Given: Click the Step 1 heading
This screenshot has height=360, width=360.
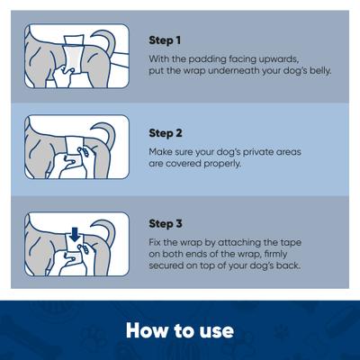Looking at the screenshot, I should point(165,41).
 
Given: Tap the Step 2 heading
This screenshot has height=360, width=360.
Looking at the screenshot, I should point(166,133).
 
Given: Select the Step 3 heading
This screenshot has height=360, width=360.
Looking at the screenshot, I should point(166,224).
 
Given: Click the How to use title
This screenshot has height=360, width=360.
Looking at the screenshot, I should point(180,329).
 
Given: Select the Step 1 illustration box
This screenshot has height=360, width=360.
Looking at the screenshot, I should point(76,56).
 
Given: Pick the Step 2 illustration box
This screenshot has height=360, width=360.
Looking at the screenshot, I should point(76,147).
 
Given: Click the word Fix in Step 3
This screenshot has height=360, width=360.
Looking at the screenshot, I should point(156,242).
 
